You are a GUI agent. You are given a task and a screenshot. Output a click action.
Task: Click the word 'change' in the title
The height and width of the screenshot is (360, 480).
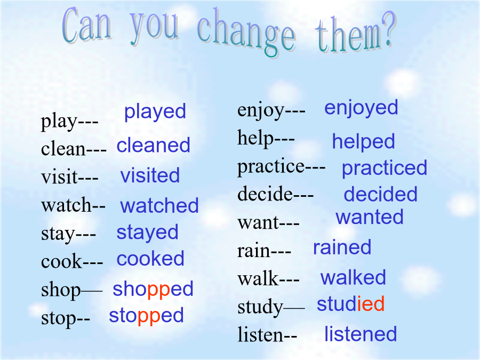(246, 33)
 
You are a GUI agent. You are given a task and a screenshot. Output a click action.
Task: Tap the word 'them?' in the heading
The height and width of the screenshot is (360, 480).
(355, 33)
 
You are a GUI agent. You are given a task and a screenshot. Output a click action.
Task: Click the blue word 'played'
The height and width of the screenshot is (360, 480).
(155, 112)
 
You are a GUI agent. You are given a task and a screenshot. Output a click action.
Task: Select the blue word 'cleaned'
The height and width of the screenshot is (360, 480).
(154, 145)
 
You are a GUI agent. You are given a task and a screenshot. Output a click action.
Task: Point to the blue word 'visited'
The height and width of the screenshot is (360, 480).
(150, 175)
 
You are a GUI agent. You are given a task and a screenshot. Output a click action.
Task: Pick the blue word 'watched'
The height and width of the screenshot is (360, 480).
(159, 205)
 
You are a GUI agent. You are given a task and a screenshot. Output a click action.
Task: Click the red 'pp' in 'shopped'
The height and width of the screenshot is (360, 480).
(158, 290)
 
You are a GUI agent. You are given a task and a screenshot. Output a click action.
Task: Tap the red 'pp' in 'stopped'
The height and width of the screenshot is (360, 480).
(149, 316)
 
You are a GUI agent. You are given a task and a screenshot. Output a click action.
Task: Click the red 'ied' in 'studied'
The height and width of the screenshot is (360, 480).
(371, 303)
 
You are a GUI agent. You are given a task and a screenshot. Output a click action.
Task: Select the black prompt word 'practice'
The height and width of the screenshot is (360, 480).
(271, 167)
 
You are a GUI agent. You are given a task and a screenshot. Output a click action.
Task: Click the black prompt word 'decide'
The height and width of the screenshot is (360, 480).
(265, 194)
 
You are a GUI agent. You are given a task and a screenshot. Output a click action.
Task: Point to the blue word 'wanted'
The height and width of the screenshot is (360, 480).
(370, 217)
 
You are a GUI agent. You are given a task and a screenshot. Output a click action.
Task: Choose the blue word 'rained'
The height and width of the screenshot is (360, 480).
(342, 247)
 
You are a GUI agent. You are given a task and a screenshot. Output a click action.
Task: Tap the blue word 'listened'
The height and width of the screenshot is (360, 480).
(361, 334)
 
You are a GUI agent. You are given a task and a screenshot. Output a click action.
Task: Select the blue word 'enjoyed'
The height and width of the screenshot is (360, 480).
(361, 108)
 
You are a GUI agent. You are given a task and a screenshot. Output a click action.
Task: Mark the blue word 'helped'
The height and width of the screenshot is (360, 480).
(364, 142)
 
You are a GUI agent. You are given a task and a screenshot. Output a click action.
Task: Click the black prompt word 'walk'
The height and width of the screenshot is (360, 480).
(258, 278)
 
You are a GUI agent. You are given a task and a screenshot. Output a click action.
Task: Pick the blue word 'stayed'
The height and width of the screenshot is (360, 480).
(148, 233)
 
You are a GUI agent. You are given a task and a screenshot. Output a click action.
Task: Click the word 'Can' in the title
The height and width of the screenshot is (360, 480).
(86, 25)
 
